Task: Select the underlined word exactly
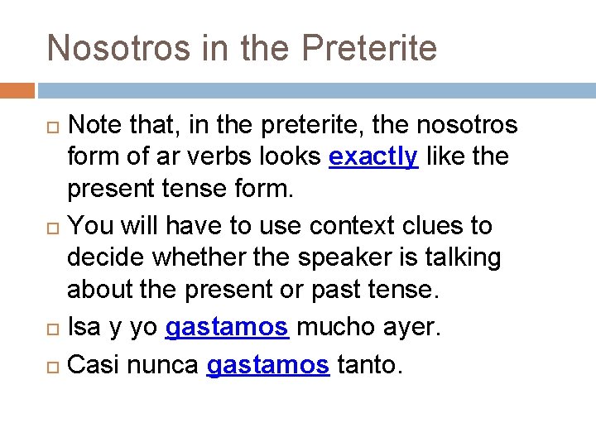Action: pyautogui.click(x=373, y=157)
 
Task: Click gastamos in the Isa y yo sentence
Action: pyautogui.click(x=227, y=328)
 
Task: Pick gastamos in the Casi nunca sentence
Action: pyautogui.click(x=267, y=364)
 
